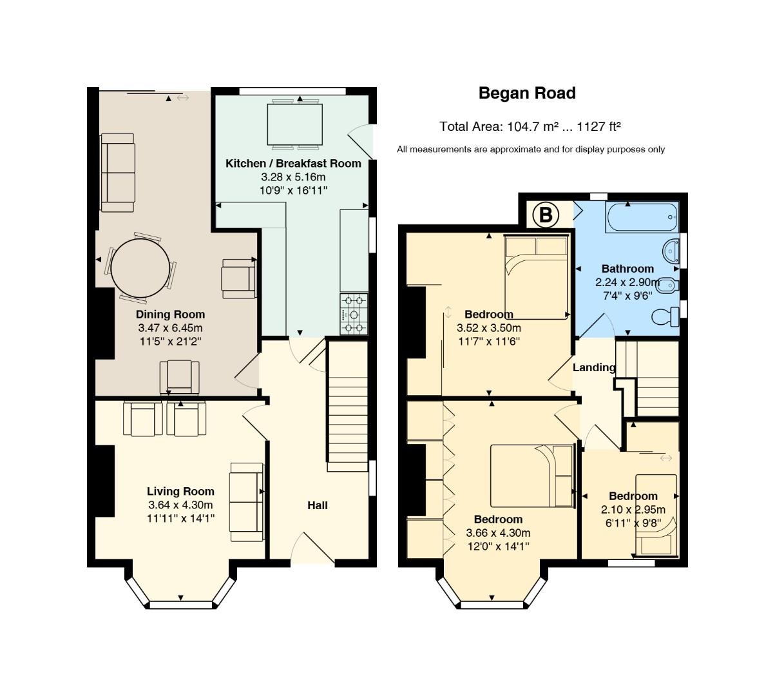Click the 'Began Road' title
tap(527, 93)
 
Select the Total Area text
tap(530, 126)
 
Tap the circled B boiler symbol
tap(545, 215)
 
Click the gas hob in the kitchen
tap(354, 314)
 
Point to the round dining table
tap(140, 268)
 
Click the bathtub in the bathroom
tap(642, 217)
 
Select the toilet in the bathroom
tap(665, 317)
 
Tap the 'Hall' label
tap(318, 505)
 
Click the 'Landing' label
tap(594, 367)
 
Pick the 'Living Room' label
tap(180, 491)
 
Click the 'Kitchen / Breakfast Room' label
tap(293, 164)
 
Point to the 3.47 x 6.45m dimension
tap(170, 328)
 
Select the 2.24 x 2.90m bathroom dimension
tap(627, 282)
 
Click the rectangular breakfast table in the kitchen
tap(294, 124)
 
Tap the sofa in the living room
tap(247, 502)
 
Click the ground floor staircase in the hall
tap(347, 405)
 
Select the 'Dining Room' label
tap(170, 314)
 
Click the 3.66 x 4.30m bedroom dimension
tap(498, 532)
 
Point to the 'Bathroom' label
tap(627, 269)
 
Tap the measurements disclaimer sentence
tap(531, 150)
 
